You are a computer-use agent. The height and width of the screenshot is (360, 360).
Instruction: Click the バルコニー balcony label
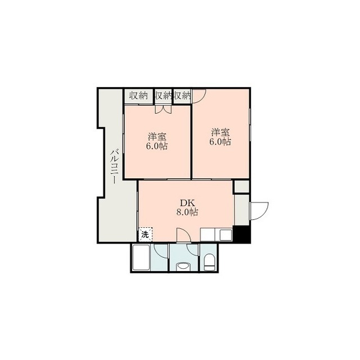pyautogui.click(x=115, y=166)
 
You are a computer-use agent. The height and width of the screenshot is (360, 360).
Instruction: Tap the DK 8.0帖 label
pyautogui.click(x=187, y=208)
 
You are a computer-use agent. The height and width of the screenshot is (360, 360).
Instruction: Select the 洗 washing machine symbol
pyautogui.click(x=146, y=235)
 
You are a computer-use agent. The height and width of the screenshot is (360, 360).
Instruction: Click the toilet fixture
pyautogui.click(x=209, y=262)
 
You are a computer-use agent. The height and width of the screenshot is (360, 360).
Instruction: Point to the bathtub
pyautogui.click(x=141, y=258)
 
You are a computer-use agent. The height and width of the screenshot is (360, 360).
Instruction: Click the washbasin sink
pyautogui.click(x=183, y=267)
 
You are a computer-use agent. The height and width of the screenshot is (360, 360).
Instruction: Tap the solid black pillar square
pyautogui.click(x=241, y=234)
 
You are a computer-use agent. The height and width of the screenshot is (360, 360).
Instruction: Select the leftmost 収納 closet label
pyautogui.click(x=138, y=96)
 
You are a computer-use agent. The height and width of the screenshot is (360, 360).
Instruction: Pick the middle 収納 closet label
pyautogui.click(x=164, y=96)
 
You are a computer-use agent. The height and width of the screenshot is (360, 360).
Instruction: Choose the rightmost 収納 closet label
pyautogui.click(x=182, y=96)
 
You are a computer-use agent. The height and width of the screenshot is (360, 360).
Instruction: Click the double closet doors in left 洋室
pyautogui.click(x=163, y=109)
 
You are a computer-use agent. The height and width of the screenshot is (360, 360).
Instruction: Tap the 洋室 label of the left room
pyautogui.click(x=157, y=137)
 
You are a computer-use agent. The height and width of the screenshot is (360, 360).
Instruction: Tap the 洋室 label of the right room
pyautogui.click(x=220, y=133)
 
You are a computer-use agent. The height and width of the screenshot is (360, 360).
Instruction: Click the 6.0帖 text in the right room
pyautogui.click(x=220, y=142)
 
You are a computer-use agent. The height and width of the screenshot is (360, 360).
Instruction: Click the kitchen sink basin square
pyautogui.click(x=226, y=235)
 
